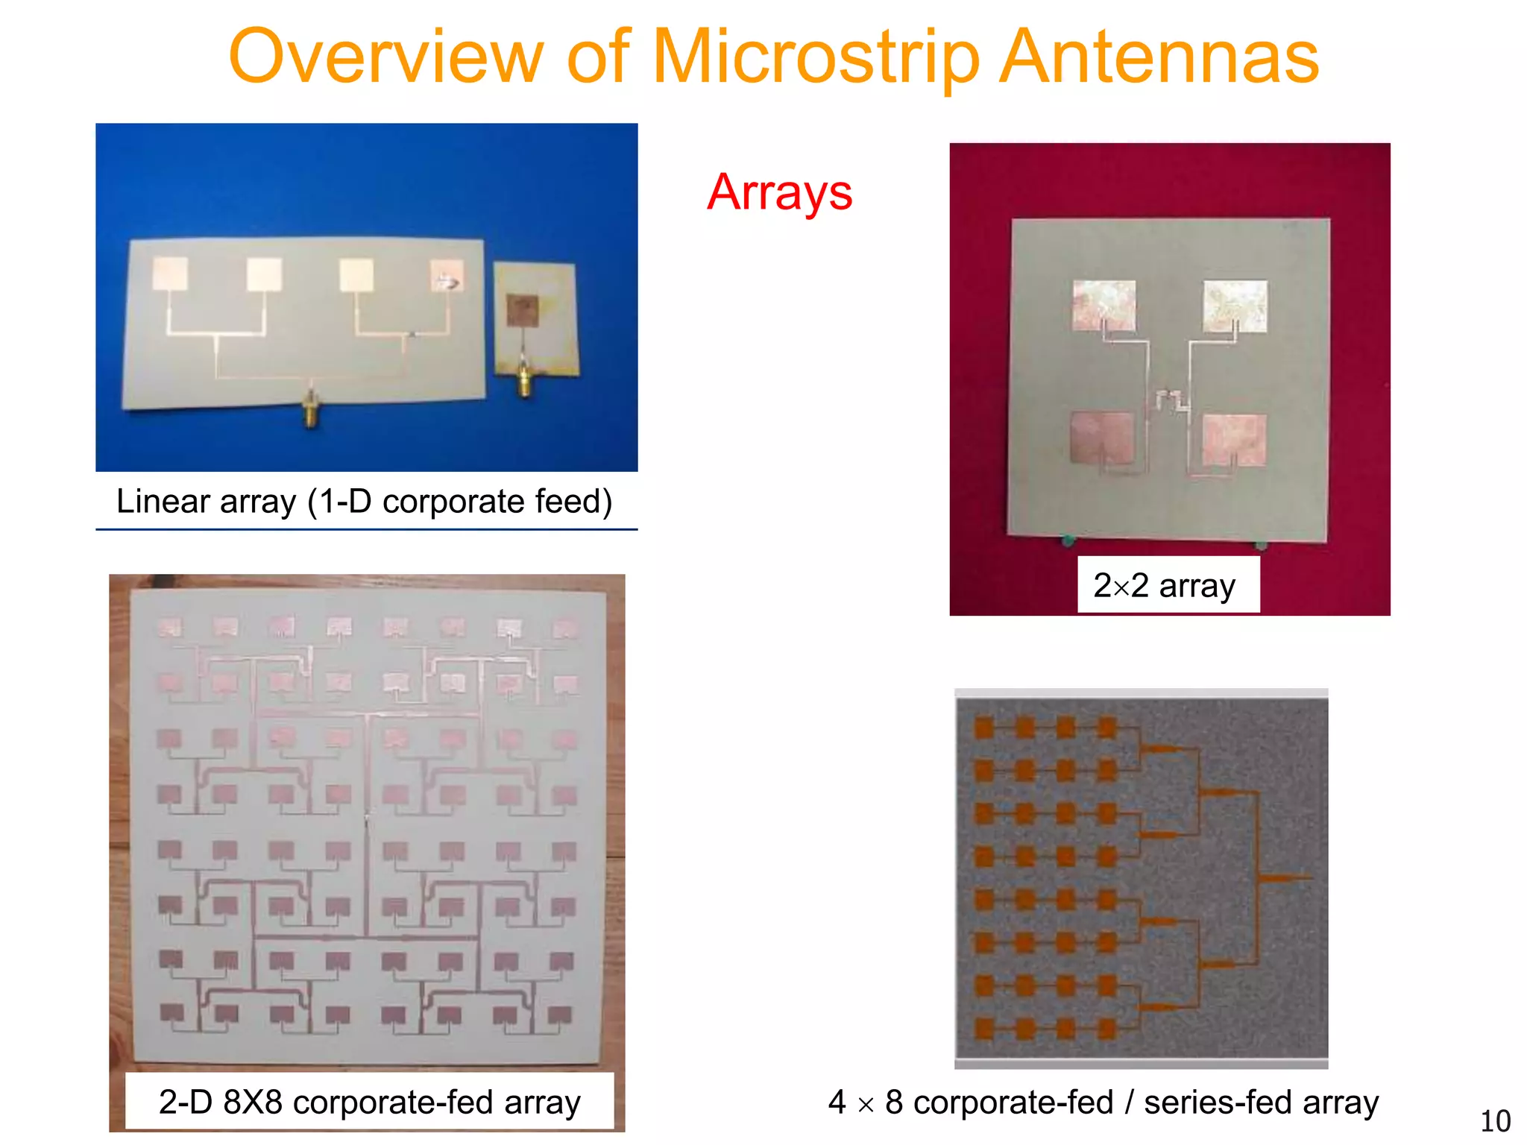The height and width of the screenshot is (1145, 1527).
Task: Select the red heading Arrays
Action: [779, 192]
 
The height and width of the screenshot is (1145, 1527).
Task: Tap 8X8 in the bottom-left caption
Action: [253, 1102]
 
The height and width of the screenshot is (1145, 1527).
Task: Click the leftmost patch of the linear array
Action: [170, 274]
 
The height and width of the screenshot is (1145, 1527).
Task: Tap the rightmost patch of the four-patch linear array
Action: [447, 274]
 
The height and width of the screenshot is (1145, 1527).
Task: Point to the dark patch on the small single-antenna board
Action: [523, 309]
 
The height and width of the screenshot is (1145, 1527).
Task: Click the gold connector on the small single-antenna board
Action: [525, 381]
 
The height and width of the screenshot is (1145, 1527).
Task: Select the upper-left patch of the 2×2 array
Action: [1104, 305]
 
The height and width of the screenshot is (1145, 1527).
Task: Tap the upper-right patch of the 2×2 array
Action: [1235, 305]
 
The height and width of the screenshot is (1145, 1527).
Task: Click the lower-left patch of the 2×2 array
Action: [1102, 438]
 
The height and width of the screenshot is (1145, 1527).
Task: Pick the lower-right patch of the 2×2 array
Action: [1234, 440]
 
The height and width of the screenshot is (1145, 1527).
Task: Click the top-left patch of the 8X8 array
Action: [171, 627]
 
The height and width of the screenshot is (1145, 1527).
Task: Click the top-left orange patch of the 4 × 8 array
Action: [984, 728]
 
